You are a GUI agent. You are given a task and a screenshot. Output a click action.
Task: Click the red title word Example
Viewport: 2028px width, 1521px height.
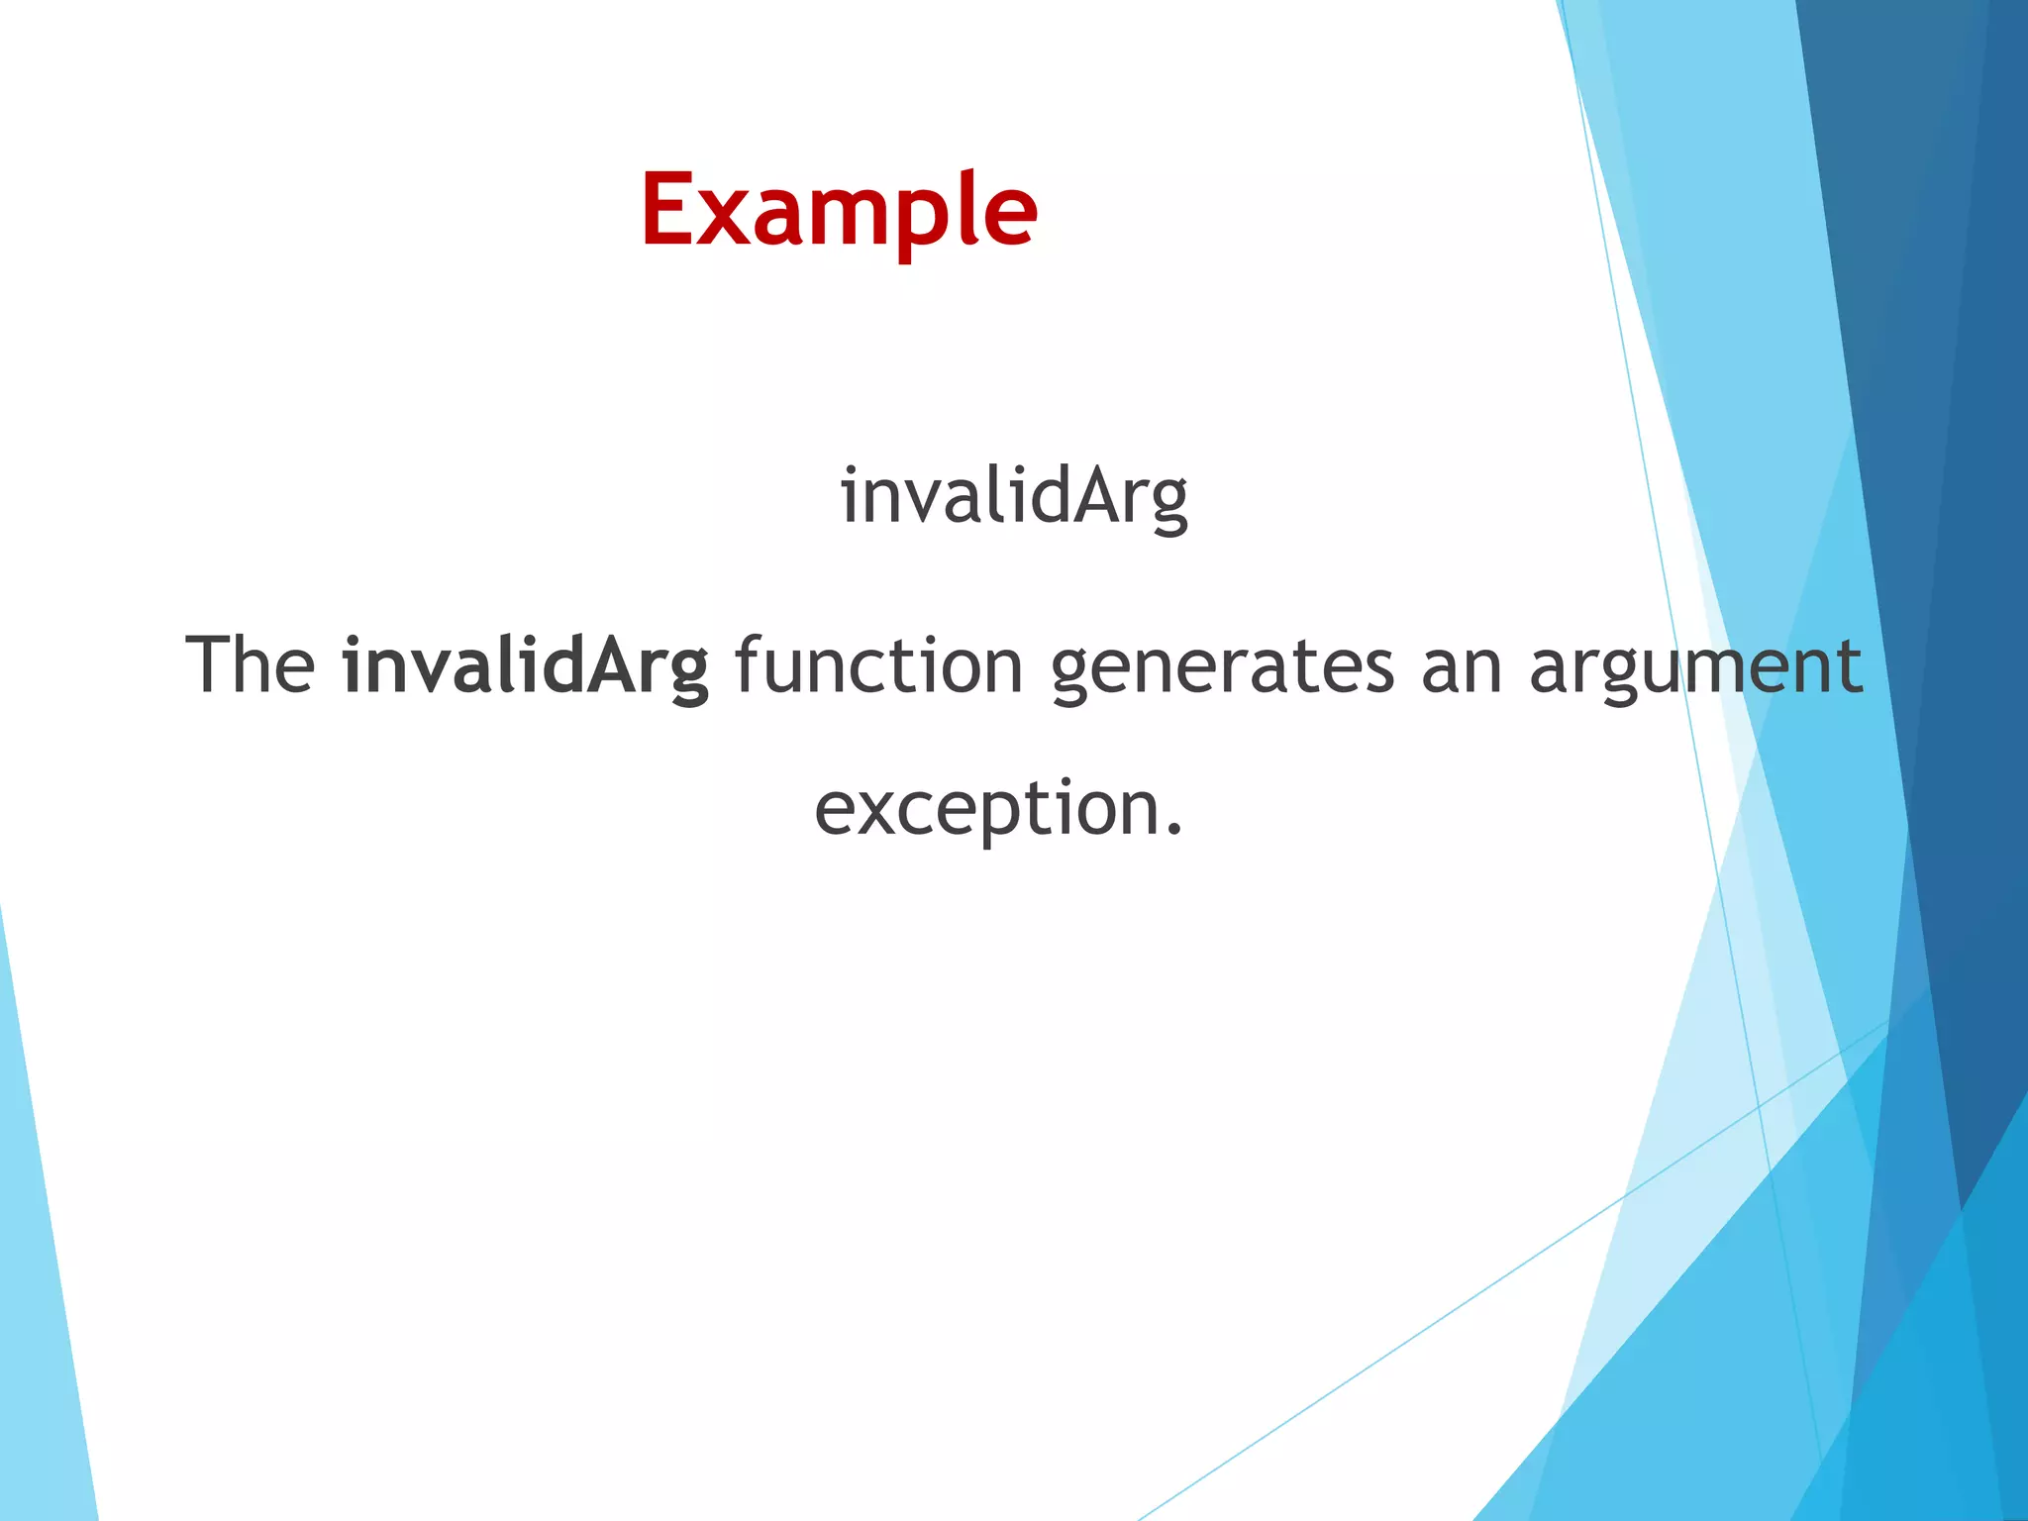(x=839, y=211)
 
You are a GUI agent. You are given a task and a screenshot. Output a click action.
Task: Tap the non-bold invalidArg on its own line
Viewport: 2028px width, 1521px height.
(x=1013, y=496)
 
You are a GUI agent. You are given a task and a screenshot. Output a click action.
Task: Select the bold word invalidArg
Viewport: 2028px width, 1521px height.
(x=526, y=665)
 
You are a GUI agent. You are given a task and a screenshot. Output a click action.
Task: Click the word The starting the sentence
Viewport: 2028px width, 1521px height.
(x=251, y=665)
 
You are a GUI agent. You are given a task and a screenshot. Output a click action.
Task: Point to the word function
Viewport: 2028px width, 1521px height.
(x=879, y=665)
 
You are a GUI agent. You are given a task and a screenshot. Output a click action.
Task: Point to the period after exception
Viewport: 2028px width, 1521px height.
(x=1174, y=830)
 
